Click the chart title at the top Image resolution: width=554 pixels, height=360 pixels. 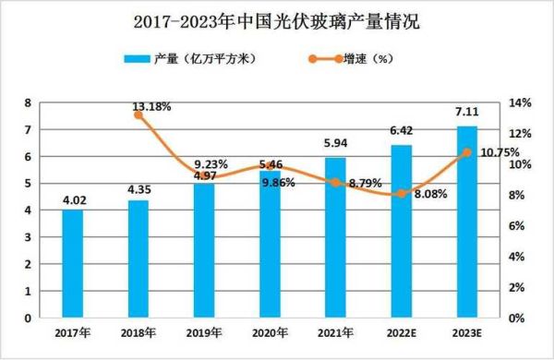coord(277,20)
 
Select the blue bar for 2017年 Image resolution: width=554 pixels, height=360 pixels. coord(72,264)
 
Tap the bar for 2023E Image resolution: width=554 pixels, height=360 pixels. coord(467,222)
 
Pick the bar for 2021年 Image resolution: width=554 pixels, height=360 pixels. coord(335,238)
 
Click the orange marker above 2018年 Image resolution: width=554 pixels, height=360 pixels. coord(138,115)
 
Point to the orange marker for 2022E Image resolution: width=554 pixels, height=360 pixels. coord(402,194)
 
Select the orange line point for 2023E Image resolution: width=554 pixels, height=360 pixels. coord(467,152)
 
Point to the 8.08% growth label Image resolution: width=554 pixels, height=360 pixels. coord(430,195)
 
